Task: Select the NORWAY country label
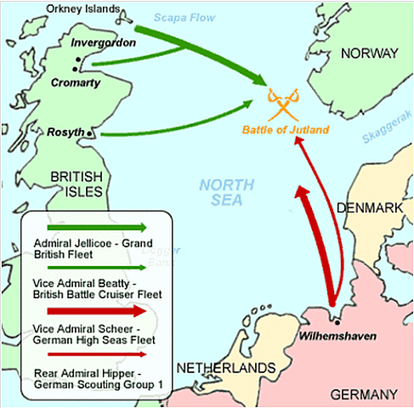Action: [369, 54]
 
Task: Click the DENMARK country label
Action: [370, 207]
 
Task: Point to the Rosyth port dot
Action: [92, 134]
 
